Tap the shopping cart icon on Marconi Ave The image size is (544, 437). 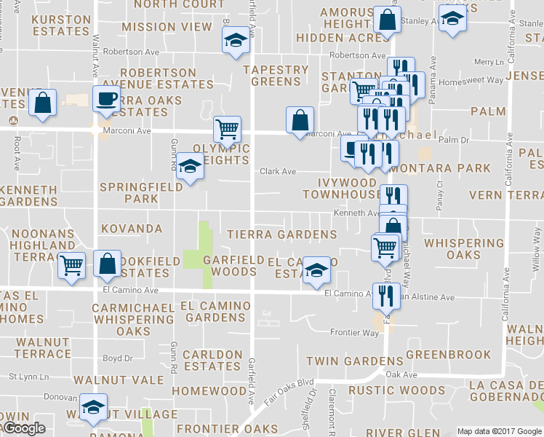(x=227, y=130)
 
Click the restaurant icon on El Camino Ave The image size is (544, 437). (x=386, y=295)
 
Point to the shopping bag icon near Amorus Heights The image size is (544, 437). (x=387, y=20)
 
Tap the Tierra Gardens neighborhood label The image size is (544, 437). (x=281, y=235)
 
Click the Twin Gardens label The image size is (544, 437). (x=344, y=361)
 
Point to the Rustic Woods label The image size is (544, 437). (x=376, y=390)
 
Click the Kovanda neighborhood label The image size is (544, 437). (x=132, y=229)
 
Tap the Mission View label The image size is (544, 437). (x=167, y=27)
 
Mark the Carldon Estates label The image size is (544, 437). (x=212, y=361)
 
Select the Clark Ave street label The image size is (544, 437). (x=278, y=172)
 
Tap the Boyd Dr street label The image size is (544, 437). (x=117, y=358)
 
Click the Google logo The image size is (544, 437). (x=24, y=428)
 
